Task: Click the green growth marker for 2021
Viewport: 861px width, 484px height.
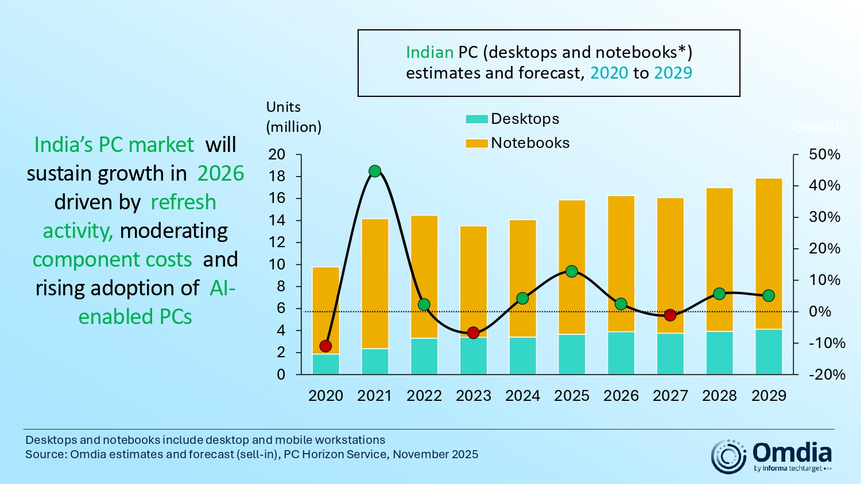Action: click(x=375, y=171)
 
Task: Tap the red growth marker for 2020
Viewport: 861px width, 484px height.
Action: click(x=325, y=346)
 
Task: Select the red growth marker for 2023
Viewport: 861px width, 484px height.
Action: click(x=473, y=333)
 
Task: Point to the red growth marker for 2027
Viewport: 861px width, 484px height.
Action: click(x=670, y=315)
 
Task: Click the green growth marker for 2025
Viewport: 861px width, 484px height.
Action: click(x=572, y=271)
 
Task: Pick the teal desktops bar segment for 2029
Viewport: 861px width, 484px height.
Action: click(x=769, y=352)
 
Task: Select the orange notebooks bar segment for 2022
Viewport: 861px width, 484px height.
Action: click(x=424, y=276)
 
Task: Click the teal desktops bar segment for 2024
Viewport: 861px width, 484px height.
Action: click(x=522, y=356)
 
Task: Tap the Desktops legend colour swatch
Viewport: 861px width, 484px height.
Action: click(x=476, y=119)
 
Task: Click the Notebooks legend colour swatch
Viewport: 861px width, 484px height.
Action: click(x=476, y=143)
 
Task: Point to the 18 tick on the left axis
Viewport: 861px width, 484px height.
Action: click(x=277, y=177)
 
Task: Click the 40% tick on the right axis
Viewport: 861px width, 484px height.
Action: click(x=824, y=186)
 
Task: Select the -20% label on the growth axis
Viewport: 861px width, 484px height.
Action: click(x=827, y=374)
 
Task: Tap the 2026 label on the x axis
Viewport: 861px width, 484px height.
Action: click(x=621, y=396)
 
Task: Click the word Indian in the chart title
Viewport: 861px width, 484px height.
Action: click(x=429, y=52)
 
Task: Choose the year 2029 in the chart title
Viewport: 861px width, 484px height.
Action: click(x=673, y=73)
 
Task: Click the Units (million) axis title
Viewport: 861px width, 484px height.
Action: click(x=293, y=117)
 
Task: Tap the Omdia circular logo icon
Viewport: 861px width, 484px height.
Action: click(x=728, y=456)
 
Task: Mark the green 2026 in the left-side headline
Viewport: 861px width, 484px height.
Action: click(x=220, y=173)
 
